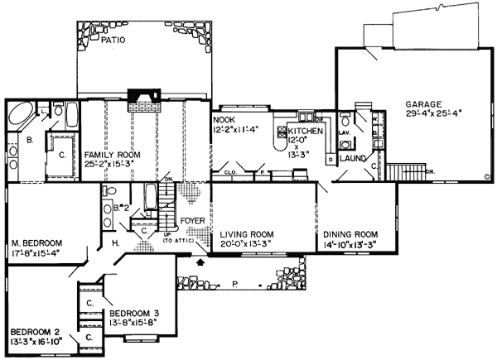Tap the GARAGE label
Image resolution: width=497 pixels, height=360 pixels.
pos(423,105)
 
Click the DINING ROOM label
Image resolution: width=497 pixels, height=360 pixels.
pos(350,233)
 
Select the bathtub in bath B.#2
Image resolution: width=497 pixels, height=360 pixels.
pos(151,196)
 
